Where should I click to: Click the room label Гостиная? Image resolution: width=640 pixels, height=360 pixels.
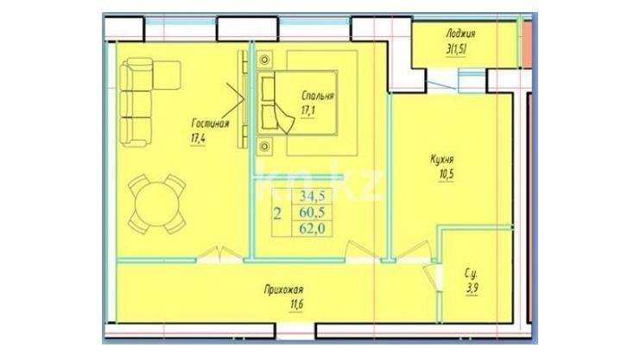coord(210,123)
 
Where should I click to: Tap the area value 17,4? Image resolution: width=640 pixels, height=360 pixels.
coord(198,138)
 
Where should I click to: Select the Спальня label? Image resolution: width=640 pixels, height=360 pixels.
coord(318,96)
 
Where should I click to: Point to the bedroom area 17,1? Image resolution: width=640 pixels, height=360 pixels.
coord(307,111)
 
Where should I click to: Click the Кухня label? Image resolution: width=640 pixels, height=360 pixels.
coord(441,159)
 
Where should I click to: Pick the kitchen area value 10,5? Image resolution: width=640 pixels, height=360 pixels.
coord(447,174)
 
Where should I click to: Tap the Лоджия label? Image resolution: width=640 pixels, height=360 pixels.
coord(460,34)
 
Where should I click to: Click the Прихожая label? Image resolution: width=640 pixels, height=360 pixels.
coord(283,290)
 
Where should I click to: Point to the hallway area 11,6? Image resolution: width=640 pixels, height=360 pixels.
coord(296,305)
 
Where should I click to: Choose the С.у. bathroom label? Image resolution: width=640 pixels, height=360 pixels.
coord(471,274)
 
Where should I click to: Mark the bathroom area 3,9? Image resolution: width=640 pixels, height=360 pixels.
coord(472,288)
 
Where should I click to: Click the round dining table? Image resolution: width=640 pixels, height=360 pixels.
coord(157,204)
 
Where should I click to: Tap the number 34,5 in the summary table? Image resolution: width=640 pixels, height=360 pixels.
coord(313,196)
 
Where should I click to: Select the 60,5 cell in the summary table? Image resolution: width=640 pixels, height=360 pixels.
coord(313,212)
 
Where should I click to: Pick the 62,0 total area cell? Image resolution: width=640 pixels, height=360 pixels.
coord(313,228)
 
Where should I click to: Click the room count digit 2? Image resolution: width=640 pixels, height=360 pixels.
coord(277,213)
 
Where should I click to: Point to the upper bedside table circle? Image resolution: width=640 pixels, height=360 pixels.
coord(265,60)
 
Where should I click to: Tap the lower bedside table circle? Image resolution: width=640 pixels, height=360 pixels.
coord(265,146)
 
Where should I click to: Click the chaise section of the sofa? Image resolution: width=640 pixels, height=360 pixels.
coord(167,75)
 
